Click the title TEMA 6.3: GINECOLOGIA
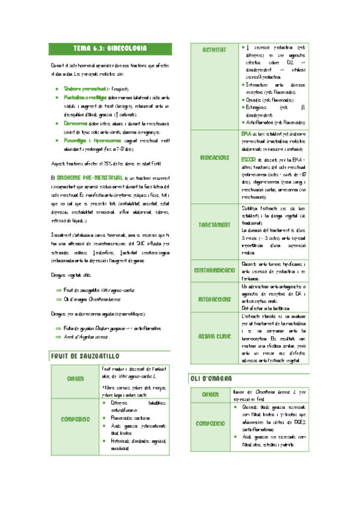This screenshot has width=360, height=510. (x=110, y=48)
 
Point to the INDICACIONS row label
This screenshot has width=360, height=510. (x=214, y=157)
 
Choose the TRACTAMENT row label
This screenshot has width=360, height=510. (x=214, y=224)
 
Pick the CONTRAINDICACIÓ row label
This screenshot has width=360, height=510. (x=214, y=271)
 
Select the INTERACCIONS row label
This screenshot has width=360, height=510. (x=214, y=298)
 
